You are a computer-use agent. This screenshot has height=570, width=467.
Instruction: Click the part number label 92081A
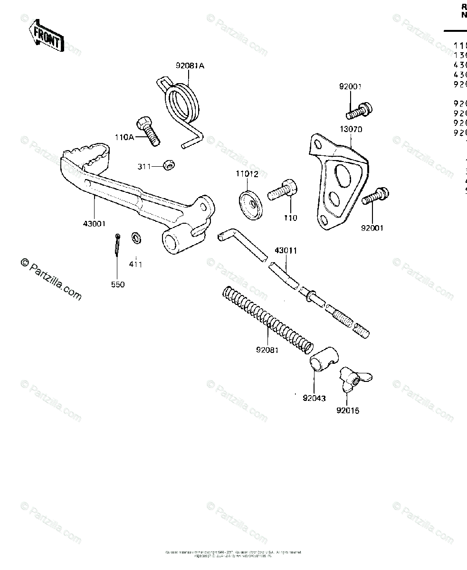click(x=190, y=66)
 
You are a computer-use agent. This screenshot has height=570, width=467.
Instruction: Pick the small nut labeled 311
click(x=168, y=165)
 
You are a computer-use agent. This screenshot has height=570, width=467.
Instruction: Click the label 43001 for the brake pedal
click(x=94, y=223)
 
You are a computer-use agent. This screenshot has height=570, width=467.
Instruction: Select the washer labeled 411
click(x=136, y=236)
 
